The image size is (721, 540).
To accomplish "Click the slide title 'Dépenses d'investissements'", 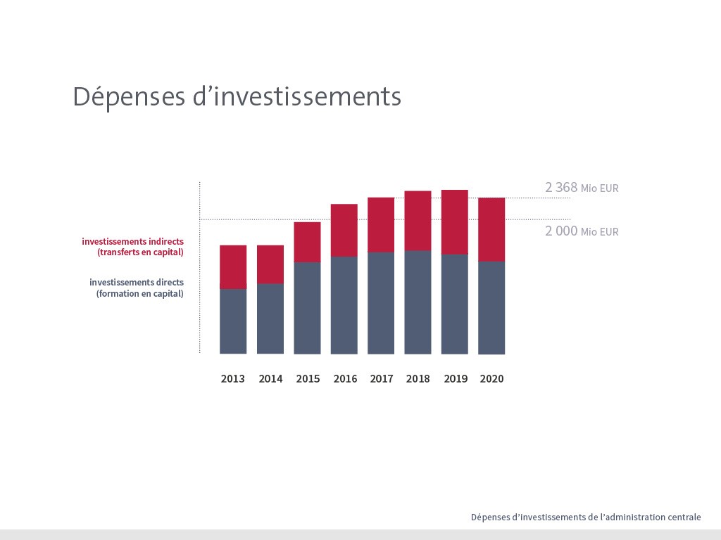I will pos(237,96).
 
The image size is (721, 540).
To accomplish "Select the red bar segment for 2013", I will pos(233,266).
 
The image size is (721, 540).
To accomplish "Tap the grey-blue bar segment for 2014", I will pos(270,319).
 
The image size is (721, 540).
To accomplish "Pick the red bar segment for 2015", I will pos(307,242).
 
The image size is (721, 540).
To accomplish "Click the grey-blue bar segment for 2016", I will pos(344,305).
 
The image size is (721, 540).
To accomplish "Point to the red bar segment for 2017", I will pos(381,224).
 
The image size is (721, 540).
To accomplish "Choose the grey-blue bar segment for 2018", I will pos(418,302).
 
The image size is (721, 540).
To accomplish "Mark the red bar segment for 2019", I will pos(455,221).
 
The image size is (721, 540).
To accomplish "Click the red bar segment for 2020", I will pos(491,229).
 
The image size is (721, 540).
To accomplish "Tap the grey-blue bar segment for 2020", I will pos(491,308).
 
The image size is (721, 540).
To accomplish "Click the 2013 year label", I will pos(233,379).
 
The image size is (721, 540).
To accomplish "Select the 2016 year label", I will pos(345,379).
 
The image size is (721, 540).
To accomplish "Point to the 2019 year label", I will pos(456,379).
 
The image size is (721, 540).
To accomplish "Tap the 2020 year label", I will pos(491,379).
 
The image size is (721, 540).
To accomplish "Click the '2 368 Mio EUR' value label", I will pos(582,188).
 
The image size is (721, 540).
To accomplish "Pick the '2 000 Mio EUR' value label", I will pos(582,231).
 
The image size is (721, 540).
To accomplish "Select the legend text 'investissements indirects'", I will pos(132,242).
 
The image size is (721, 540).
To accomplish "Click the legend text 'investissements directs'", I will pos(136,283).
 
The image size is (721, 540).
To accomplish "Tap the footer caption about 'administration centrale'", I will pos(586,517).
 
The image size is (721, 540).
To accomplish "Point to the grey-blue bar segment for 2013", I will pos(233,321).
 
